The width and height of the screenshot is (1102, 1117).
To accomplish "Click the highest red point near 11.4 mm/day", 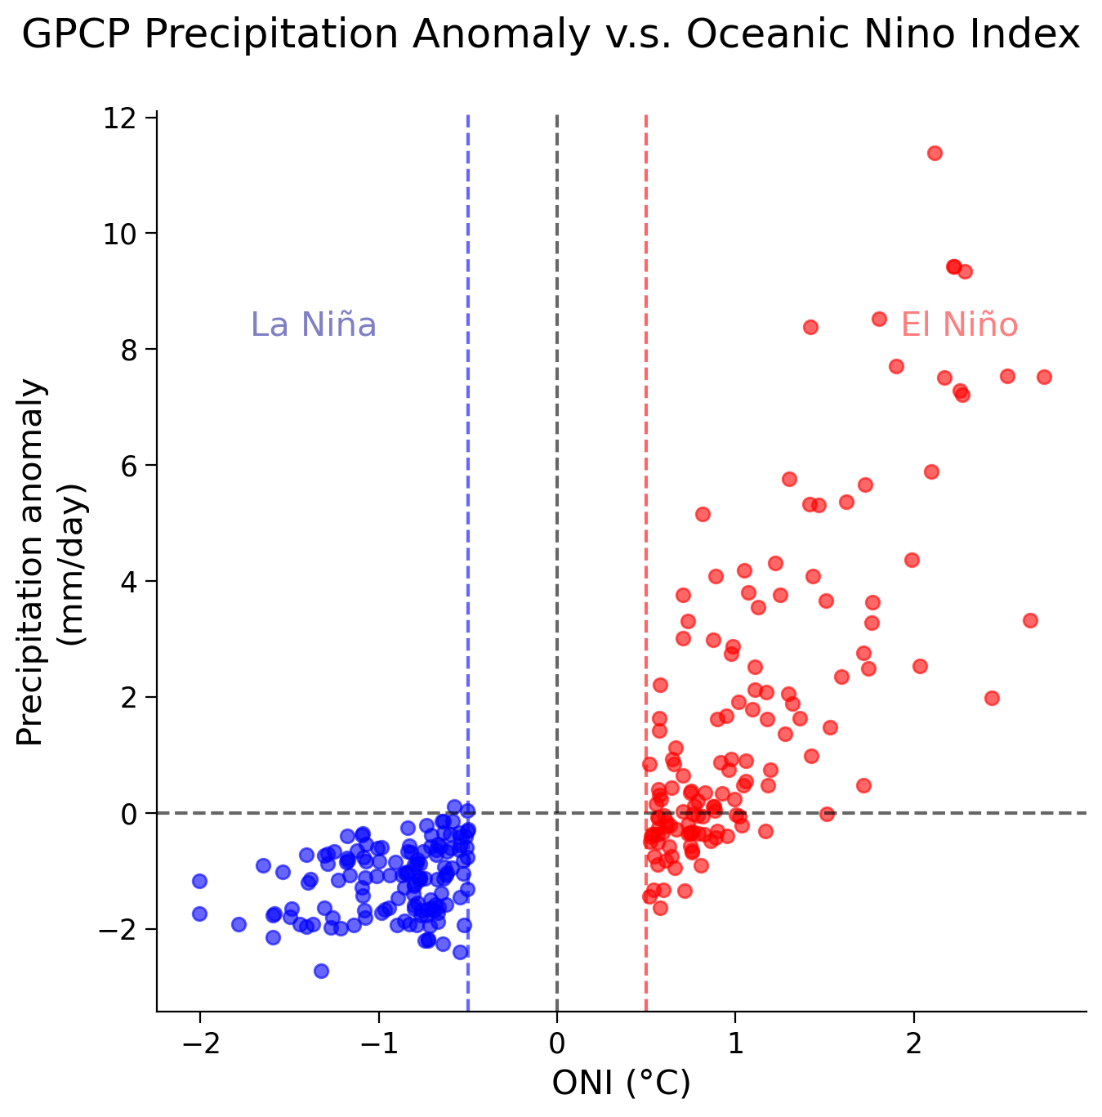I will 935,153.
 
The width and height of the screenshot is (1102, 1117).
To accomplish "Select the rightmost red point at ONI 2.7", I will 1044,377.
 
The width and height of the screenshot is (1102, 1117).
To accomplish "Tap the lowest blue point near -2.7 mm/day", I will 321,971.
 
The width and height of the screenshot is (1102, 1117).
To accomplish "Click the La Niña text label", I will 313,325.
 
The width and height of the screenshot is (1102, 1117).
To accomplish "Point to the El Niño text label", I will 959,325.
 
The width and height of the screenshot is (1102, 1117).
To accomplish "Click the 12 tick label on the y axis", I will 118,118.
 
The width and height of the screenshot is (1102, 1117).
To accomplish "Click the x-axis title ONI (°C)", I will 622,1083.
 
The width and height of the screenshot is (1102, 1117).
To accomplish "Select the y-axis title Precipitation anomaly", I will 31,562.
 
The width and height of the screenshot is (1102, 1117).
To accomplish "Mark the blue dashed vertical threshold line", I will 468,490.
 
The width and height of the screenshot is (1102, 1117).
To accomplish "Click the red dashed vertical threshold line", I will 646,490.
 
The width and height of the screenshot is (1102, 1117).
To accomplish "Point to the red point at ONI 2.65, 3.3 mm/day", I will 1030,620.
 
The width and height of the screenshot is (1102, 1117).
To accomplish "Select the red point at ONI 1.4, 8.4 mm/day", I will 810,327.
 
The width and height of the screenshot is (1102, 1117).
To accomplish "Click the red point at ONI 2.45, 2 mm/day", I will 992,698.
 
